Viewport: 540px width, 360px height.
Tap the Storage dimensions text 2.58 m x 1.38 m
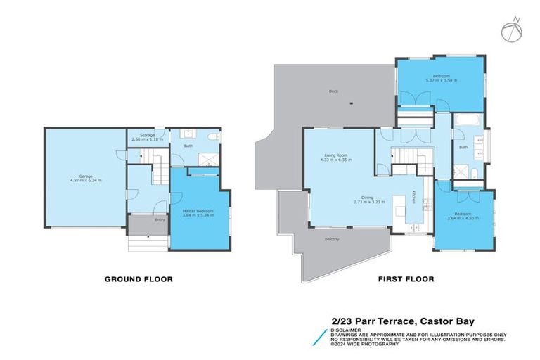pyautogui.click(x=147, y=140)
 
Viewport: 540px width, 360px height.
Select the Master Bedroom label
pyautogui.click(x=200, y=212)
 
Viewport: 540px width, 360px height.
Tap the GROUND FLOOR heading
pyautogui.click(x=139, y=279)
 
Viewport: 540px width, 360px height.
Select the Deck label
pyautogui.click(x=333, y=91)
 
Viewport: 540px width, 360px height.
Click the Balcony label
pyautogui.click(x=332, y=240)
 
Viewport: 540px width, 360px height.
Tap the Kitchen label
pyautogui.click(x=414, y=199)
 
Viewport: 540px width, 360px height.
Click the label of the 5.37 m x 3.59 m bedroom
pyautogui.click(x=440, y=76)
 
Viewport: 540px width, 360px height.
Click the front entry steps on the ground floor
pyautogui.click(x=148, y=243)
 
